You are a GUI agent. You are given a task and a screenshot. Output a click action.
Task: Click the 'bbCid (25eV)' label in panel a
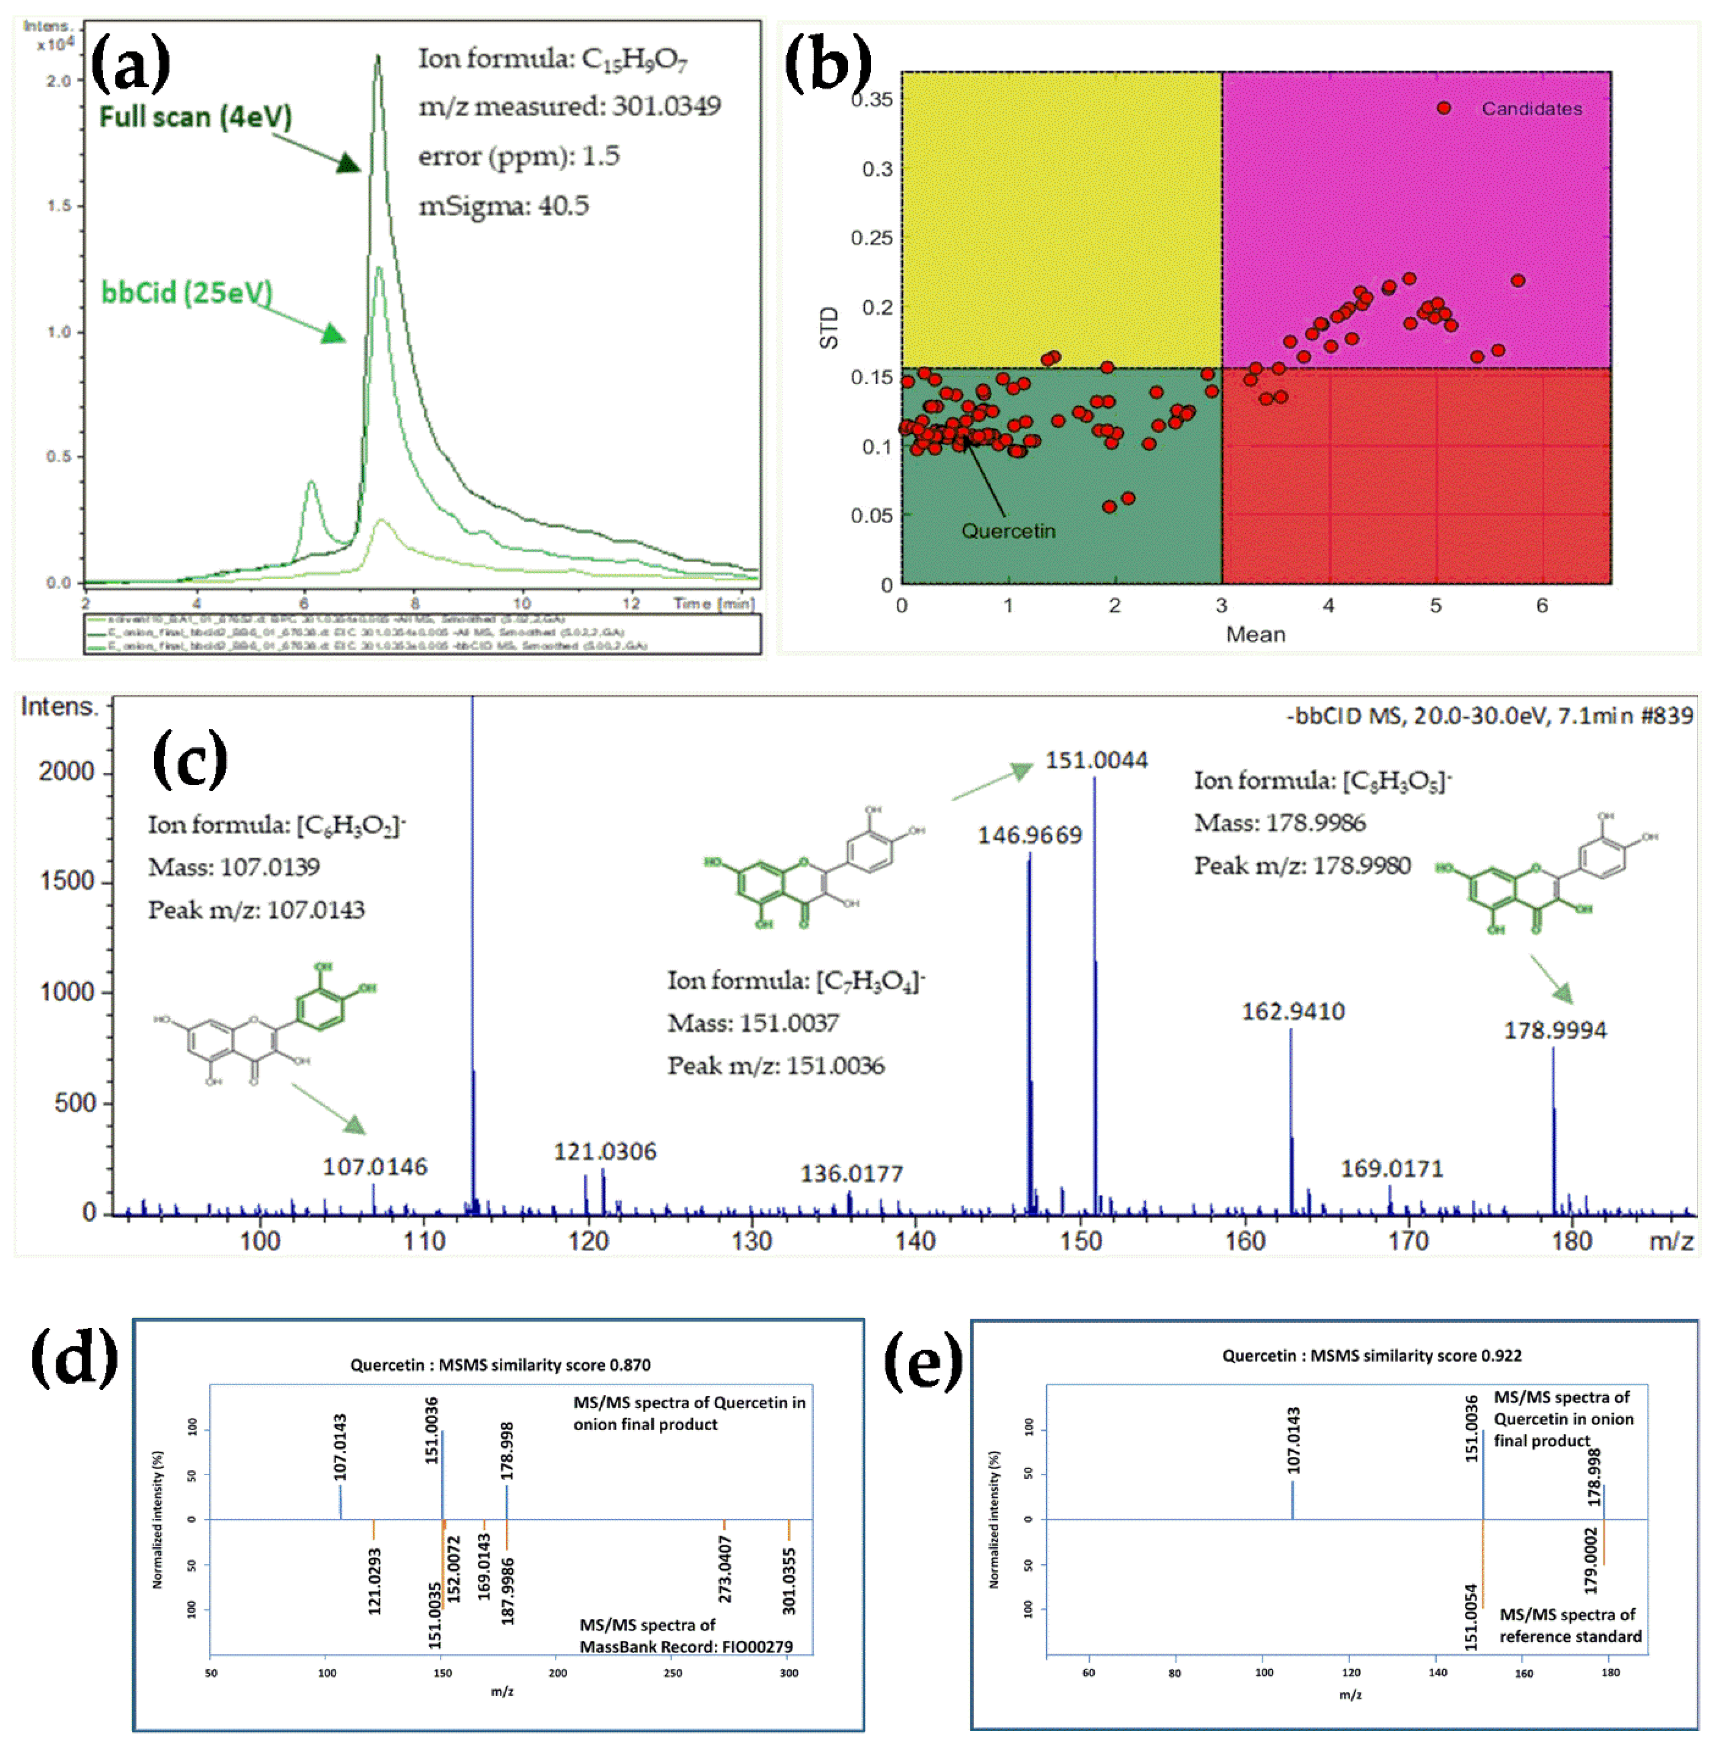click(187, 293)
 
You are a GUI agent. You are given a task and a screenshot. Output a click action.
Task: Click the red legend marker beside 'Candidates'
click(1443, 108)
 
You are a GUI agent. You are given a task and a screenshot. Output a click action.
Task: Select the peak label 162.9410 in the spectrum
click(1293, 1011)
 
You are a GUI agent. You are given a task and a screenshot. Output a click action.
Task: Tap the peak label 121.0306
click(605, 1151)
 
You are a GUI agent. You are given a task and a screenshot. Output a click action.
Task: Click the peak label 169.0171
click(1392, 1169)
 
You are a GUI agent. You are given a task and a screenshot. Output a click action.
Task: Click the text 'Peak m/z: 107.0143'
click(257, 909)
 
